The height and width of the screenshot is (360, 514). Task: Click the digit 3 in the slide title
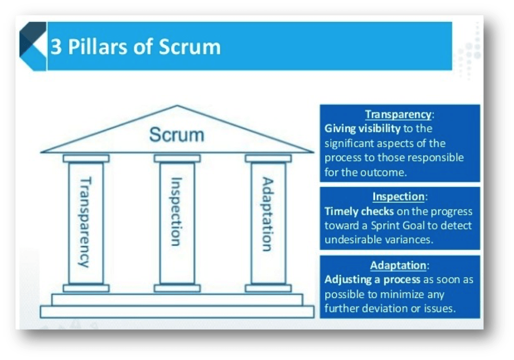click(x=56, y=47)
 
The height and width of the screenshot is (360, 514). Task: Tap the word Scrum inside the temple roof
click(x=177, y=135)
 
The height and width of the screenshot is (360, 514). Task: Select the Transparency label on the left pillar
click(x=85, y=222)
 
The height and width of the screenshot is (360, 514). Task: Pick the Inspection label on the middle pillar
click(x=176, y=212)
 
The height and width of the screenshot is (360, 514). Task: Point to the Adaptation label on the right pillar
click(x=267, y=214)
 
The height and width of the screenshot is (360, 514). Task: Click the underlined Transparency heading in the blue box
click(x=398, y=114)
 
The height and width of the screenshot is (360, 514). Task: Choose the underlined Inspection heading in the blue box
click(x=399, y=197)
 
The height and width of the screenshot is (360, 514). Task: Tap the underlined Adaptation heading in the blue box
click(x=398, y=265)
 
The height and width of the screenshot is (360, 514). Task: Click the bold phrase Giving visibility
click(x=362, y=129)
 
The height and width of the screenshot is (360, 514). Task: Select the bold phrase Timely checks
click(x=359, y=211)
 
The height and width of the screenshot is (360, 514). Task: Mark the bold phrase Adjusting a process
click(x=372, y=280)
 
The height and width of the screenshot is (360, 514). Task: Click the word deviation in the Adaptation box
click(x=389, y=309)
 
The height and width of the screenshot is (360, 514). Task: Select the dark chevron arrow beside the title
click(x=33, y=46)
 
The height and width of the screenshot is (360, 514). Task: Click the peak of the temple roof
click(x=177, y=106)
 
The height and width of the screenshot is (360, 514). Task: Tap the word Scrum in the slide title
click(x=189, y=47)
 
